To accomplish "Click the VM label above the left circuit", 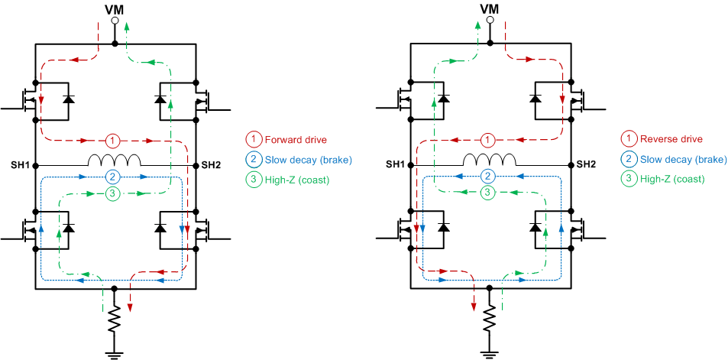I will [115, 8].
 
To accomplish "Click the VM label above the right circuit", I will [490, 8].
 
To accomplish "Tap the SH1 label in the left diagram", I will [21, 165].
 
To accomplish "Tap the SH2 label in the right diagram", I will [586, 165].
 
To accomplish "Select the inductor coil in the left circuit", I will [115, 161].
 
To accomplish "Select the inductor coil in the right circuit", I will [490, 161].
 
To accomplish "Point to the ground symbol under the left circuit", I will [115, 352].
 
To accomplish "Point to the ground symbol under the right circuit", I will [490, 352].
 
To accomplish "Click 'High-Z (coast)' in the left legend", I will [293, 178].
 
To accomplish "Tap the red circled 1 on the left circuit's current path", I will [112, 141].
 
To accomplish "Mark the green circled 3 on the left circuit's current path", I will [112, 194].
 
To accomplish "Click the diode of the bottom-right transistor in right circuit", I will [537, 228].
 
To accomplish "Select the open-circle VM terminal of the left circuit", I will [115, 22].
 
